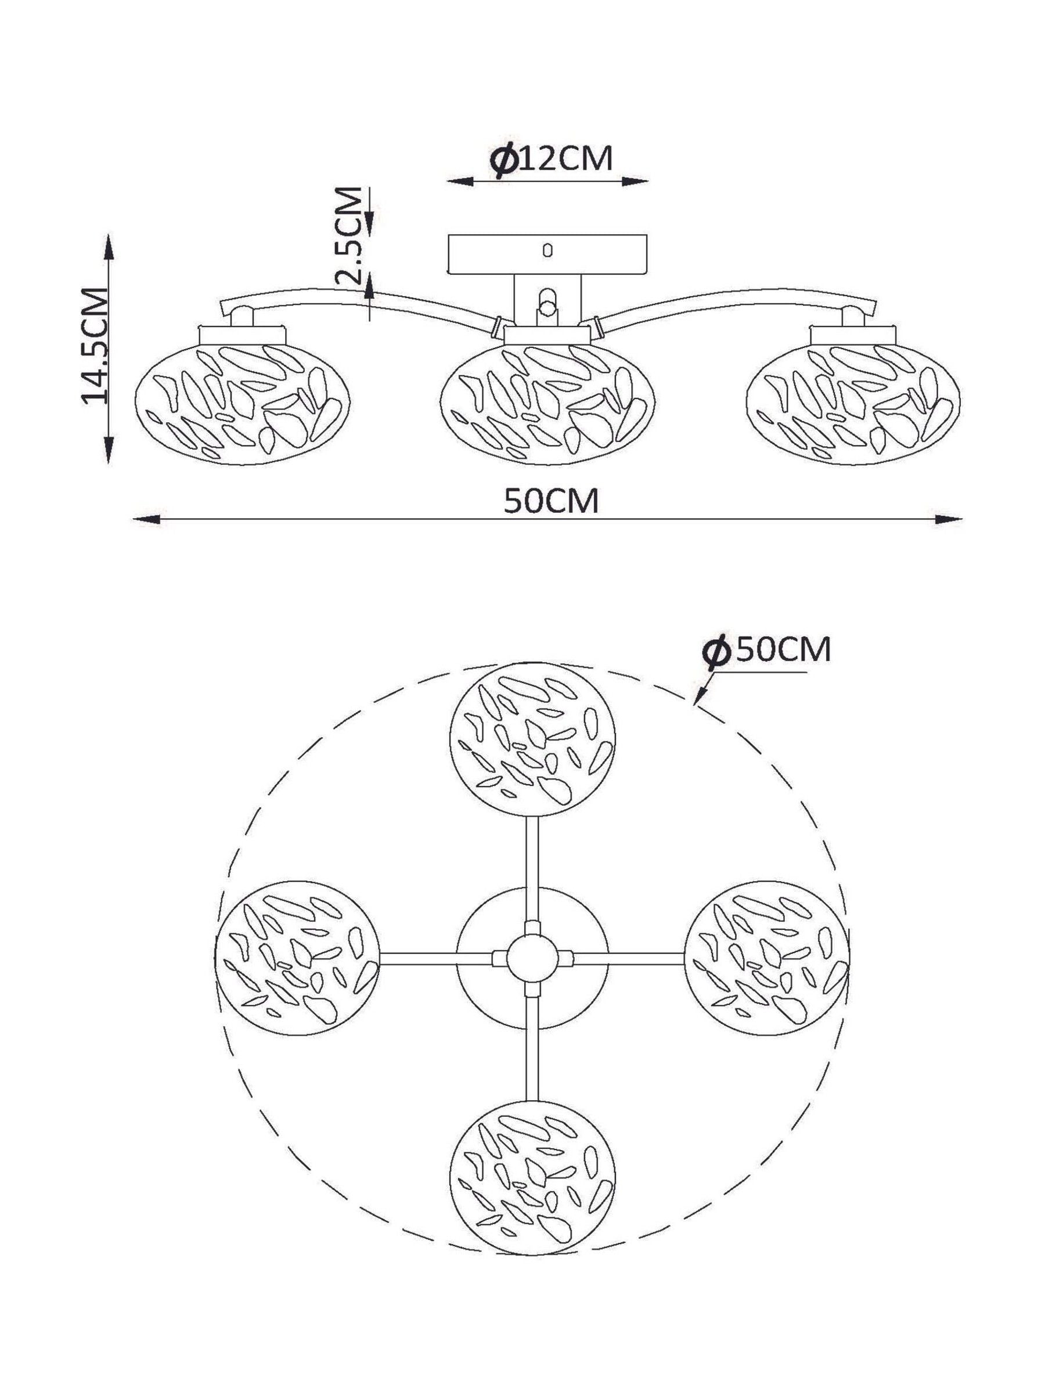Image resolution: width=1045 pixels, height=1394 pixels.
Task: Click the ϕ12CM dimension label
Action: click(x=550, y=160)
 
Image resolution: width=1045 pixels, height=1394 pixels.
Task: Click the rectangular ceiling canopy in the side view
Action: click(x=547, y=254)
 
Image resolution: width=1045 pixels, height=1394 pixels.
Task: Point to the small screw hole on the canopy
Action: click(x=547, y=250)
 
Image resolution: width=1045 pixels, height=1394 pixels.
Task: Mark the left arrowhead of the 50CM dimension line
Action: click(x=144, y=520)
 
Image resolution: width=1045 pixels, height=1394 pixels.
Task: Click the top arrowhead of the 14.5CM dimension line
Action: click(x=109, y=247)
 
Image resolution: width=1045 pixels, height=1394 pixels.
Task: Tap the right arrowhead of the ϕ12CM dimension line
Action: click(x=635, y=181)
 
